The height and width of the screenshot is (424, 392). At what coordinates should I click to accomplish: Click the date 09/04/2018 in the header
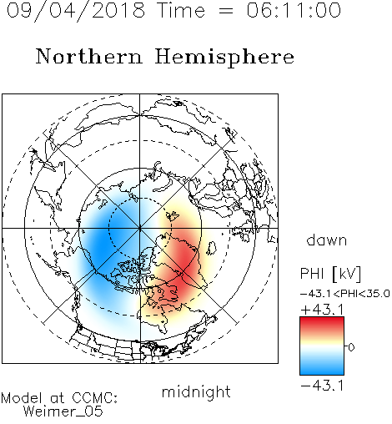[76, 10]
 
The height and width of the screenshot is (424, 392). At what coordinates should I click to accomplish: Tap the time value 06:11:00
[294, 10]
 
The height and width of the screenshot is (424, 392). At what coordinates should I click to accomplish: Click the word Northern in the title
[89, 56]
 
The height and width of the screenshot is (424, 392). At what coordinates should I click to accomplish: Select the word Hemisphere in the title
[224, 58]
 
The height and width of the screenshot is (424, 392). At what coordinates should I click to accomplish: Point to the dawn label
[327, 240]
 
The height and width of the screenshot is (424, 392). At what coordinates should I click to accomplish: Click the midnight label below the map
[196, 392]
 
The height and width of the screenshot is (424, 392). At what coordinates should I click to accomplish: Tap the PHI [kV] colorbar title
[330, 274]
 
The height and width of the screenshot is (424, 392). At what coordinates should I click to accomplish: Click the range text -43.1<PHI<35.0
[345, 294]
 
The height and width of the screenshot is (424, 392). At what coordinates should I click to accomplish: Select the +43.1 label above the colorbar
[322, 310]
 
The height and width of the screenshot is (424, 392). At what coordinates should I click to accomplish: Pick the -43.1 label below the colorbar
[322, 386]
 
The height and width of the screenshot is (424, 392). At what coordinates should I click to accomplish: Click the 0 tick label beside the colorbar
[351, 347]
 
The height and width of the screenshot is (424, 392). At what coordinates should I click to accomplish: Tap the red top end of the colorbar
[322, 320]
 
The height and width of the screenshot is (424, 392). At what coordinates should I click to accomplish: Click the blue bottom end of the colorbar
[322, 372]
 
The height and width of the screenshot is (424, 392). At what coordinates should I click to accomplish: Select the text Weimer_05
[63, 411]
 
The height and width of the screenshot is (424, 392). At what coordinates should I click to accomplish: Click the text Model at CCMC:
[59, 398]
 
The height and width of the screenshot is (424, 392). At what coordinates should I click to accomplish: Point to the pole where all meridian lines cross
[140, 228]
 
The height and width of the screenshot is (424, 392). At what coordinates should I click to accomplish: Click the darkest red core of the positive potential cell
[184, 268]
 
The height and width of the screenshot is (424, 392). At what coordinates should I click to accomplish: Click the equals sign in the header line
[225, 12]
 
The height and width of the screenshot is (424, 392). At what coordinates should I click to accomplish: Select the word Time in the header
[181, 10]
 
